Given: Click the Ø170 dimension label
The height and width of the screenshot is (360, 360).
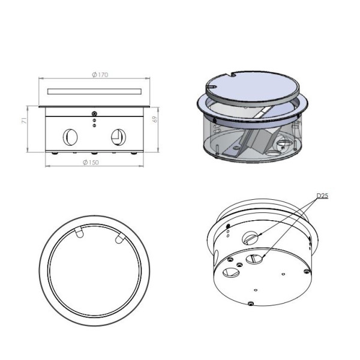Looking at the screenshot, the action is pos(100,74).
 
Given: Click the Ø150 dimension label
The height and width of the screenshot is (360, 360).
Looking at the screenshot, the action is pos(91,163).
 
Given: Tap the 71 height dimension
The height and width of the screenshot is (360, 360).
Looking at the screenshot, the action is pos(25,121).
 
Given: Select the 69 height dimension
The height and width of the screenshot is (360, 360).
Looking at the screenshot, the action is pos(155,119).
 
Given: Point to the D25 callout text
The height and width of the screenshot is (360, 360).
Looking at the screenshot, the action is pos(322,196).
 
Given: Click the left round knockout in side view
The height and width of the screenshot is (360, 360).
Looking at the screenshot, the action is pos(70,137).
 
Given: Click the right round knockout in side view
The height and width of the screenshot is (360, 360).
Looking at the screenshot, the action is pos(118,137).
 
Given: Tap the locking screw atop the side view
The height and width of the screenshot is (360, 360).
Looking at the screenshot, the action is pos(94,113).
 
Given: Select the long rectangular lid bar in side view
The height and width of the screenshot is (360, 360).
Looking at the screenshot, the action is pos(94,91).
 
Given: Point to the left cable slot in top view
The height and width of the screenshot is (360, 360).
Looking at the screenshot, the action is pos(79,233).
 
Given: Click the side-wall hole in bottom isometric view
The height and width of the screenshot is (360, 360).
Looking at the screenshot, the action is pos(250,238).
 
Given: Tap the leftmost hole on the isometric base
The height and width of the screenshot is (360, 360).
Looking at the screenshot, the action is pos(231,272).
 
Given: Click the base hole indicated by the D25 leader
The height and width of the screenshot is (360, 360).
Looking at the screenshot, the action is pos(254,259).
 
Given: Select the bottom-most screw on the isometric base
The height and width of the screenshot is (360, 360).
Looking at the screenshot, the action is pos(251,304).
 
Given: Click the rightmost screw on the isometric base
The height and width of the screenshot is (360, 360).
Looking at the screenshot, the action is pos(307,271).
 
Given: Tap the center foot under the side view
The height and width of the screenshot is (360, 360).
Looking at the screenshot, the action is pos(94,153).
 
